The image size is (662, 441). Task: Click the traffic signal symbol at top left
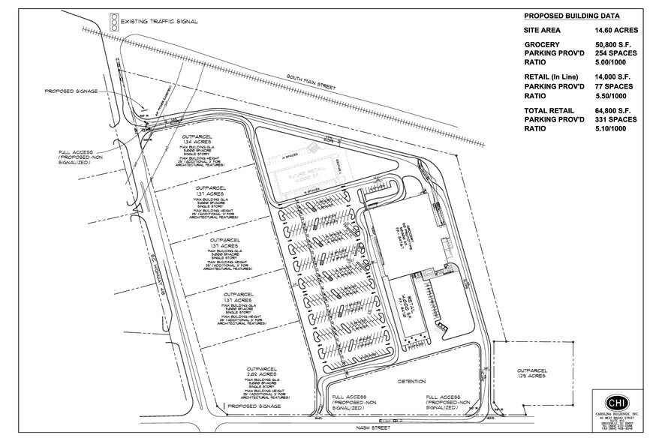pyautogui.click(x=114, y=19)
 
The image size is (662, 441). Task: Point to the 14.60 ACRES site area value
pyautogui.click(x=615, y=31)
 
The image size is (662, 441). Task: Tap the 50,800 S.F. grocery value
pyautogui.click(x=615, y=46)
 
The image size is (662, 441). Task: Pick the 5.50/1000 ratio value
pyautogui.click(x=612, y=97)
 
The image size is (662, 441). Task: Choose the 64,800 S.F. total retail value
pyautogui.click(x=615, y=110)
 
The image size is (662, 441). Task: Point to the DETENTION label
pyautogui.click(x=411, y=382)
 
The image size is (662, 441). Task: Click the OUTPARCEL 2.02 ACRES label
pyautogui.click(x=261, y=373)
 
